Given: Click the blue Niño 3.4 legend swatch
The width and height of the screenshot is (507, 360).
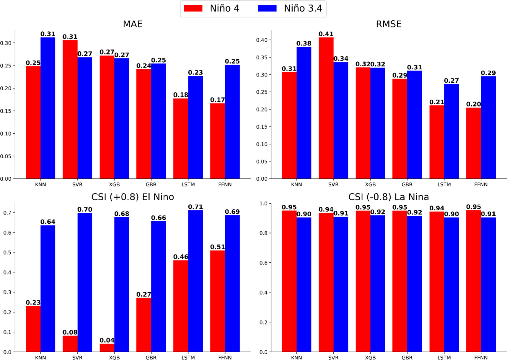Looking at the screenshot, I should click(x=267, y=9).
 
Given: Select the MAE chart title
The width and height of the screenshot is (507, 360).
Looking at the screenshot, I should click(x=133, y=24).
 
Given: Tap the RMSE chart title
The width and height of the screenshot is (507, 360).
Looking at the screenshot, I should click(x=389, y=24).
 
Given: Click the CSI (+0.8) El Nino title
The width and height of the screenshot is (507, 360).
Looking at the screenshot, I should click(x=133, y=197).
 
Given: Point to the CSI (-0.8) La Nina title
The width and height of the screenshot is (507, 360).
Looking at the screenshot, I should click(x=389, y=197).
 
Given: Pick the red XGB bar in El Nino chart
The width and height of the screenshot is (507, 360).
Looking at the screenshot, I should click(x=107, y=348).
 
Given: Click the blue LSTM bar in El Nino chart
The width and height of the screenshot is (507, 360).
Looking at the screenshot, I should click(x=195, y=280).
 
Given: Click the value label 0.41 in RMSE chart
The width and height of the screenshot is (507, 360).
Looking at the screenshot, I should click(x=326, y=34).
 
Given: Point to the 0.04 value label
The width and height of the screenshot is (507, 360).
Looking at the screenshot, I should click(x=107, y=340).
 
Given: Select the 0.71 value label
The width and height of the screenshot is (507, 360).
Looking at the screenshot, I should click(x=195, y=207).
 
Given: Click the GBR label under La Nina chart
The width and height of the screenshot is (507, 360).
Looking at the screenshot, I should click(x=407, y=357).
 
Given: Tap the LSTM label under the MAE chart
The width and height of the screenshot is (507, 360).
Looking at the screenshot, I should click(x=188, y=184).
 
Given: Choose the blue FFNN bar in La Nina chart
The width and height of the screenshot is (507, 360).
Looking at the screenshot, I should click(x=488, y=285).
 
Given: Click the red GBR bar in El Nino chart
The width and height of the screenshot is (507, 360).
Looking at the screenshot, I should click(x=144, y=325).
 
